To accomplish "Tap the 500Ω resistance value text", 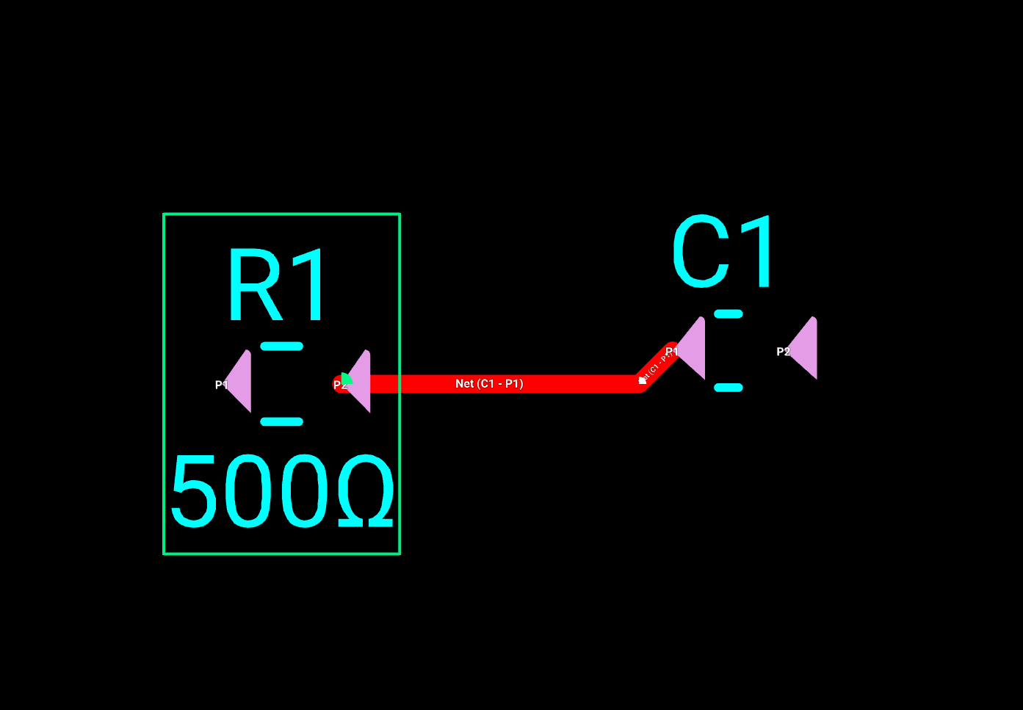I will (282, 491).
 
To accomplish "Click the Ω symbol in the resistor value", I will (366, 491).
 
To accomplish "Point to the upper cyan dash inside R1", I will (282, 346).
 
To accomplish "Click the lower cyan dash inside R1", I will (282, 421).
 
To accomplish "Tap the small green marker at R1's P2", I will (346, 379).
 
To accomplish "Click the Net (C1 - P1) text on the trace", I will (489, 384).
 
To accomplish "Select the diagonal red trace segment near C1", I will (657, 363).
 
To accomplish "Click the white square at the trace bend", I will (643, 380).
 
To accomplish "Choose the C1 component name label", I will (723, 253).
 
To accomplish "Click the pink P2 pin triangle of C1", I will (806, 349).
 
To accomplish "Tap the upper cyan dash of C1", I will (729, 314).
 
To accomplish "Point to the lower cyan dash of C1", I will (729, 388).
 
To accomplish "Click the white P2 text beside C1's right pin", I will (783, 352).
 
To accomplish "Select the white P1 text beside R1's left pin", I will (220, 385).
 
